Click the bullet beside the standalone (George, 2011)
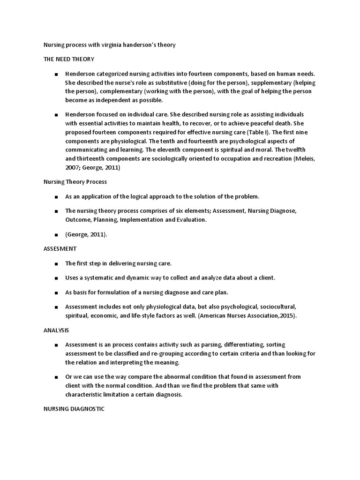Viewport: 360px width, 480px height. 56,235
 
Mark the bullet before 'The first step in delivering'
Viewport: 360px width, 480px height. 56,264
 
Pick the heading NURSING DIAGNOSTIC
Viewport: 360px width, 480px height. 74,409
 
